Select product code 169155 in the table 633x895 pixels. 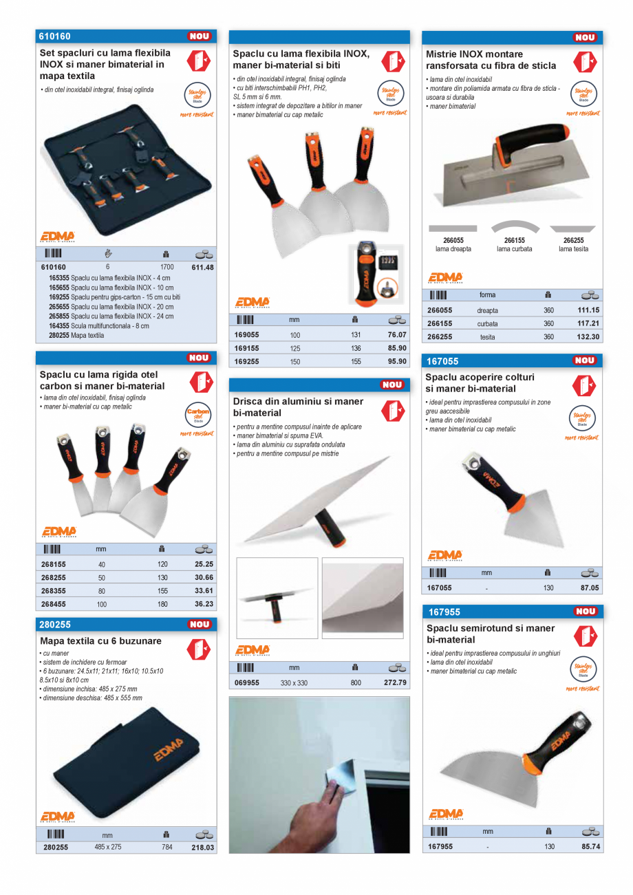click(x=247, y=348)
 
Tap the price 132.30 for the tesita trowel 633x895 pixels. click(x=588, y=337)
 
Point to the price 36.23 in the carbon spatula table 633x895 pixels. click(x=204, y=604)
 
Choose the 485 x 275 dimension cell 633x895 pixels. click(x=108, y=848)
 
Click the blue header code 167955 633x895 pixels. click(x=444, y=612)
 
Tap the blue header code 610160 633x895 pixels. click(x=56, y=36)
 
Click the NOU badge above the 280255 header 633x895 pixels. click(x=200, y=625)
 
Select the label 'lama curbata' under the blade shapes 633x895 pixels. click(x=514, y=249)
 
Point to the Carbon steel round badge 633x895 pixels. click(x=197, y=415)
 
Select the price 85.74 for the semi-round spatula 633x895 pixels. click(x=590, y=847)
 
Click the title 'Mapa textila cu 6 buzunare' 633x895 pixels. click(x=101, y=641)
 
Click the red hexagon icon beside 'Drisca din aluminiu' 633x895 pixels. click(x=393, y=410)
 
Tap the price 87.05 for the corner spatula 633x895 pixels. click(x=590, y=588)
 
